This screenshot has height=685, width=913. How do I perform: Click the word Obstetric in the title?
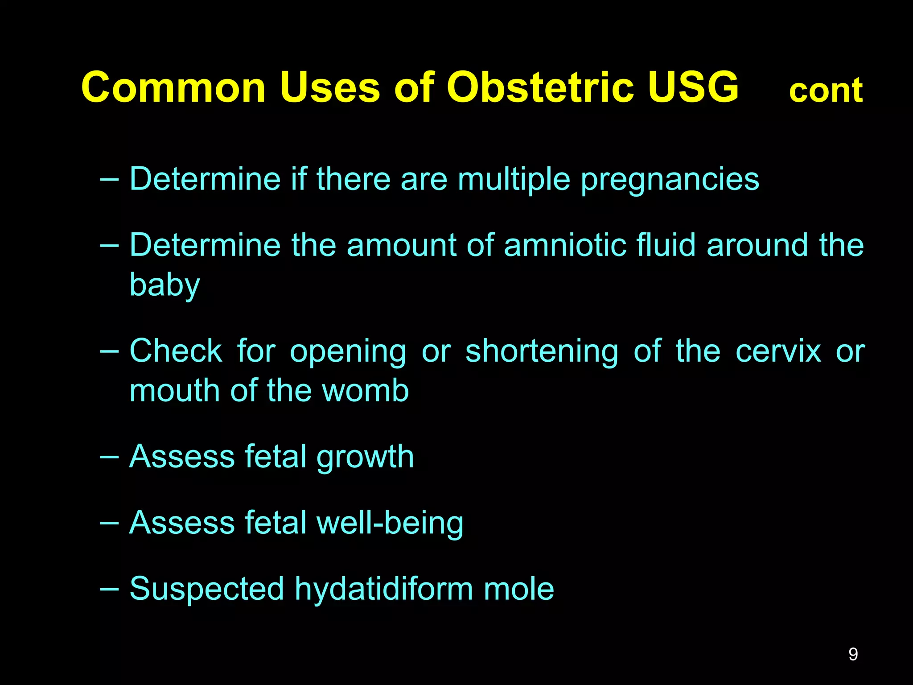[540, 87]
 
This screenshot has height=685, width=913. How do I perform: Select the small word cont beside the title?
[826, 91]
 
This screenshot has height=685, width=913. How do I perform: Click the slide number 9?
[853, 654]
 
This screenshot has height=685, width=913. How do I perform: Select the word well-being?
[390, 524]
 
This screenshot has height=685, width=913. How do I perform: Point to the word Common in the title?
[173, 87]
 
